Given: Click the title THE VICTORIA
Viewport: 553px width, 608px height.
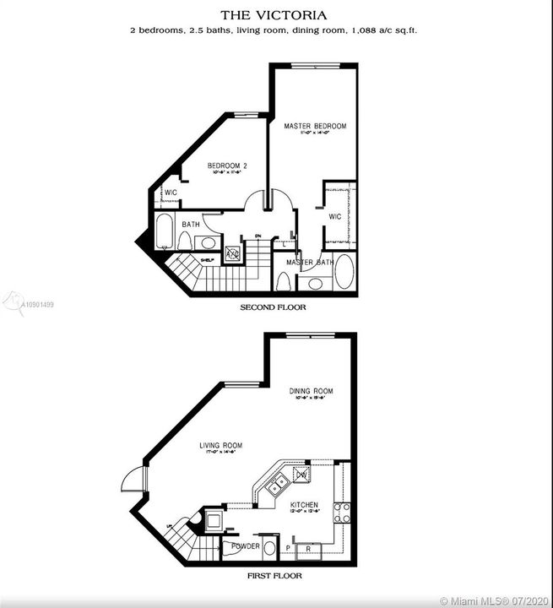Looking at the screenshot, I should tap(276, 15).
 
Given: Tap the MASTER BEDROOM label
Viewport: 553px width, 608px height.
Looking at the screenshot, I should tap(315, 127).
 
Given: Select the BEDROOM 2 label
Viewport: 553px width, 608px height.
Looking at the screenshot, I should tap(227, 166).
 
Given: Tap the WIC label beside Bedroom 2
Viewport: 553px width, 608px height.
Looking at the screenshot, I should tap(171, 193).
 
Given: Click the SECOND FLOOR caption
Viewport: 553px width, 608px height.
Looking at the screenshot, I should tap(274, 308).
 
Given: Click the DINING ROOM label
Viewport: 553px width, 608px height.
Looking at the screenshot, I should tap(312, 391).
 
